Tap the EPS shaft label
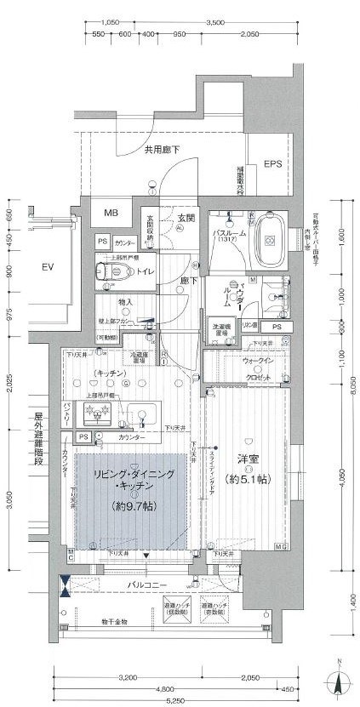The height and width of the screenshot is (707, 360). pos(272,164)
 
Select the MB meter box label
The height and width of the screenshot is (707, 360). pos(112,213)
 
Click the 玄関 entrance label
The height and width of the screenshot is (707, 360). pos(186,220)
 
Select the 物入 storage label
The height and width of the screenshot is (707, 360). pos(125,302)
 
